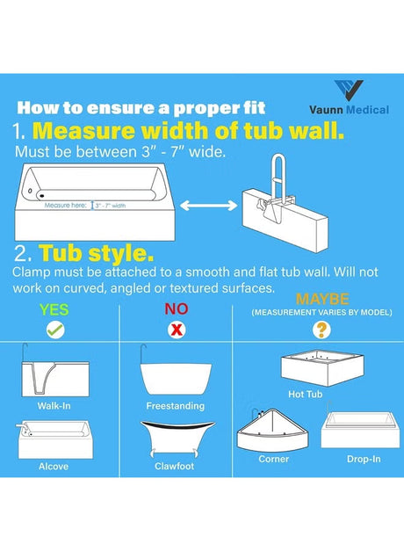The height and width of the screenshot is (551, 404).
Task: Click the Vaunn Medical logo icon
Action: coord(349,91)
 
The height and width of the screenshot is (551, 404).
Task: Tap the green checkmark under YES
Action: coord(55,330)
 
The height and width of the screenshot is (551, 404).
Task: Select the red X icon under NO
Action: coord(177,330)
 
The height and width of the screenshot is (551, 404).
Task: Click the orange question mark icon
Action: coord(321,330)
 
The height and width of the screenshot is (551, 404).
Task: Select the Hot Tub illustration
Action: coord(322,368)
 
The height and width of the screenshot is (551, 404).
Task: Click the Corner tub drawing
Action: coord(272,430)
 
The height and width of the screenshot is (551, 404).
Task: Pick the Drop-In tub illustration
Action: coord(360,430)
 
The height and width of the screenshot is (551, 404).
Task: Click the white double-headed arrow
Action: coord(209,206)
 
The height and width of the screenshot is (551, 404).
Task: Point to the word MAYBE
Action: coord(322,299)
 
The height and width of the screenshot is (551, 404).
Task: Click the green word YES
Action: coord(54,310)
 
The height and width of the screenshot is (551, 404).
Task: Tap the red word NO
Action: coord(177,308)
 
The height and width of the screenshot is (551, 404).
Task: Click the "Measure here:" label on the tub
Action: coord(65,206)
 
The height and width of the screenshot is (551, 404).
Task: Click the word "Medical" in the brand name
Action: coord(367,110)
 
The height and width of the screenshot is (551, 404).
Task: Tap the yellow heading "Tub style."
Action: coord(97,253)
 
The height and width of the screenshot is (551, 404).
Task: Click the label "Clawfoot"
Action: coord(174,467)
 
